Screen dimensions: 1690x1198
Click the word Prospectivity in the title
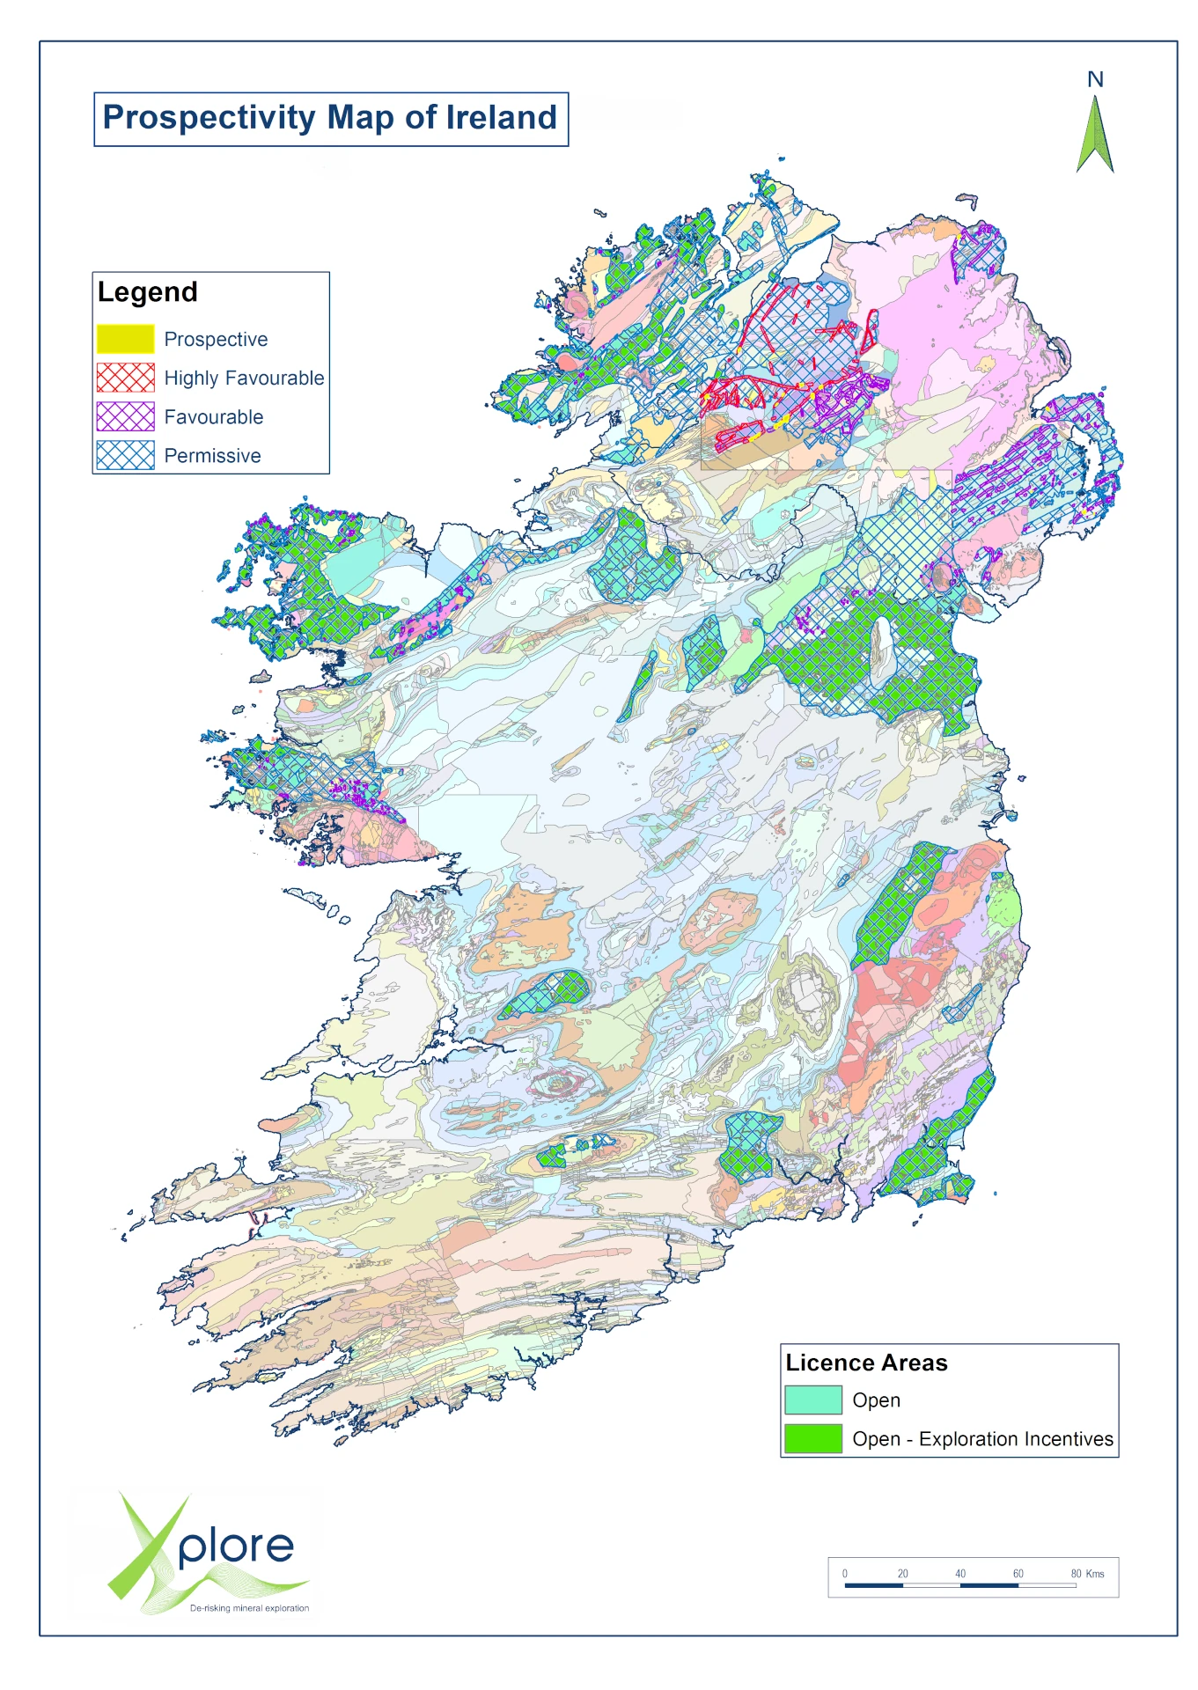(x=209, y=118)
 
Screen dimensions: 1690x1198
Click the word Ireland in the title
(x=501, y=118)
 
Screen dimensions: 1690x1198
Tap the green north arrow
(x=1095, y=136)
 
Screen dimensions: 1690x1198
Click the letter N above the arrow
(x=1095, y=80)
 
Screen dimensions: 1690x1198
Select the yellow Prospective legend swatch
(x=125, y=339)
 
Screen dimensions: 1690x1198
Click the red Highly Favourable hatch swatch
(x=125, y=378)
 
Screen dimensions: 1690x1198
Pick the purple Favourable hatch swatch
(x=125, y=416)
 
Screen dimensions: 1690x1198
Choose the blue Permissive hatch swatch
(x=125, y=455)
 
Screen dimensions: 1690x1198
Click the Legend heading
(x=147, y=292)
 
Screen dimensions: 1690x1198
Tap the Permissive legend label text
(x=212, y=456)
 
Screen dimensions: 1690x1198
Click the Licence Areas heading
(x=866, y=1363)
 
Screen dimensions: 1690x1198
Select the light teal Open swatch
(x=812, y=1400)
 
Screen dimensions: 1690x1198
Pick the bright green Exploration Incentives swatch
(x=812, y=1438)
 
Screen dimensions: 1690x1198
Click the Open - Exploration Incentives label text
(x=982, y=1439)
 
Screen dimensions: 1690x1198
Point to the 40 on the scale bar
(x=960, y=1573)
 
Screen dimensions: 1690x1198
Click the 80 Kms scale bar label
(x=1087, y=1573)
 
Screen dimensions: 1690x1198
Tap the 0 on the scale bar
(x=845, y=1573)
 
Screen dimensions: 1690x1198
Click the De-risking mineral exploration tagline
(x=249, y=1607)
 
